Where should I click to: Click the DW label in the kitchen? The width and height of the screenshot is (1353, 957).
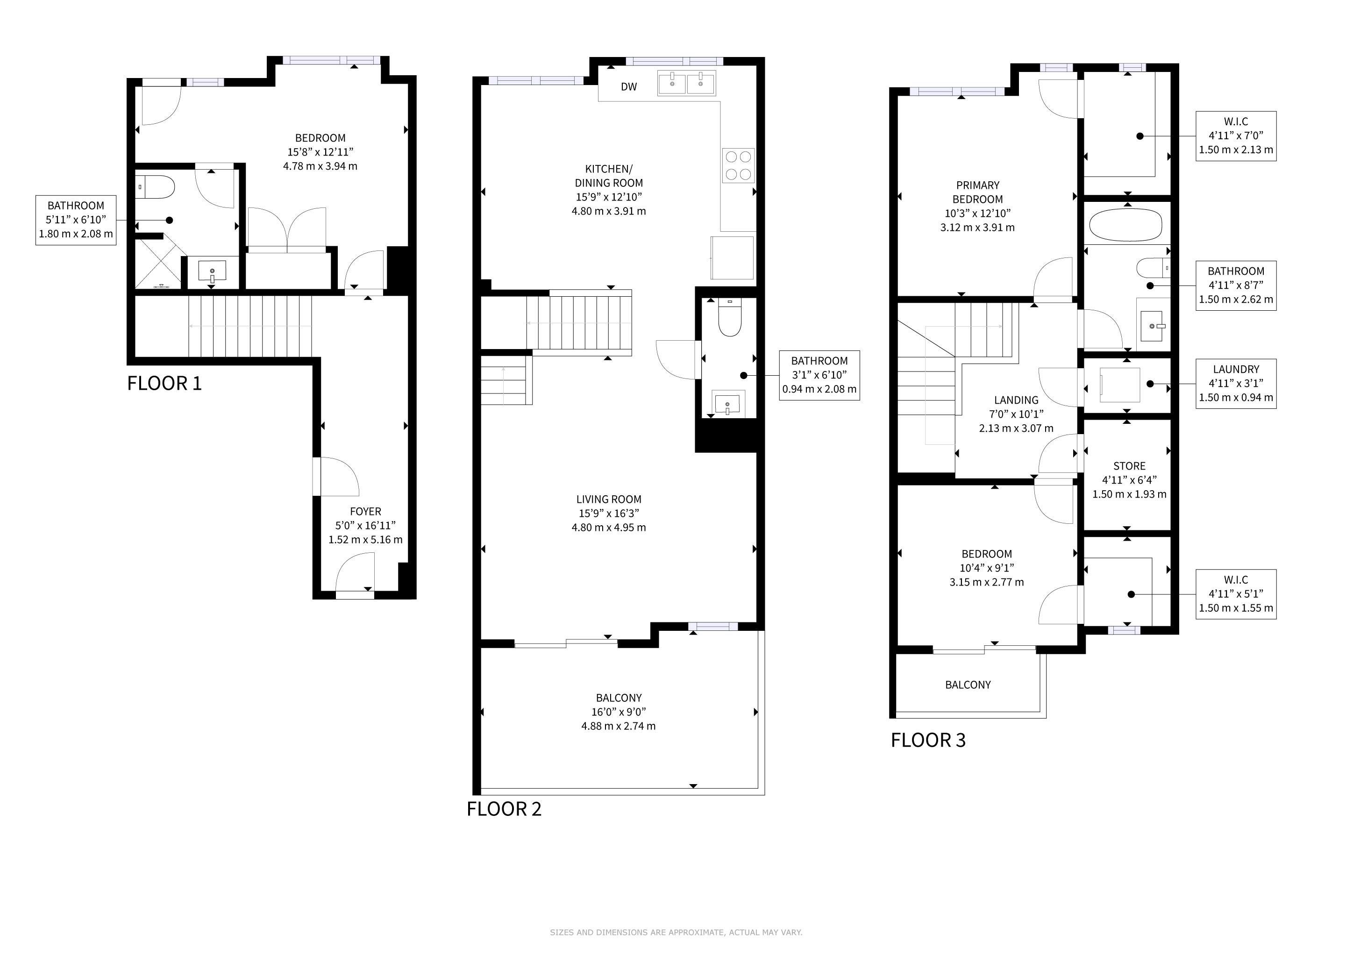629,86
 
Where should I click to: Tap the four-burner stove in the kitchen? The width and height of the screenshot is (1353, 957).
738,165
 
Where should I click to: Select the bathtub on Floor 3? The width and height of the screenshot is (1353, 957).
1125,225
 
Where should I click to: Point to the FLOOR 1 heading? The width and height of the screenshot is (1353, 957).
164,384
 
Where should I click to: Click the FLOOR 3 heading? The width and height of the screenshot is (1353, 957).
928,740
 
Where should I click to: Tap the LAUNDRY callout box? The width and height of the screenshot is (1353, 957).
1236,384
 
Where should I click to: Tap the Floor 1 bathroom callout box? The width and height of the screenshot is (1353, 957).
76,220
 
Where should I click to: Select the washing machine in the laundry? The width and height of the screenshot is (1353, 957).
1120,385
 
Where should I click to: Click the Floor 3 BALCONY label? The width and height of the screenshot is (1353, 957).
968,685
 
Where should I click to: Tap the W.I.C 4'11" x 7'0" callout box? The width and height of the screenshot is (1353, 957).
1236,136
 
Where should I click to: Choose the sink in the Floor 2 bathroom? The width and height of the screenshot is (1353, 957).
728,404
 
